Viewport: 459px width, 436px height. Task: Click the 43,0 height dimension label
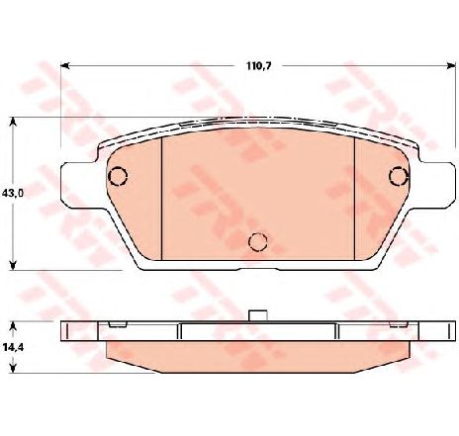point(13,193)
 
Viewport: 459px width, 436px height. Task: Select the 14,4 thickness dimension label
point(13,347)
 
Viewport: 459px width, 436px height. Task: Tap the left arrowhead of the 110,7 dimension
point(65,66)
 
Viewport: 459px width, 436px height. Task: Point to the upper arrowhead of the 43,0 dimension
point(13,122)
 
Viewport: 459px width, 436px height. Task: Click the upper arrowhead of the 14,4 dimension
point(13,326)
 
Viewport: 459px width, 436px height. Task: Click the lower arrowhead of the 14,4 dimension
point(13,369)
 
